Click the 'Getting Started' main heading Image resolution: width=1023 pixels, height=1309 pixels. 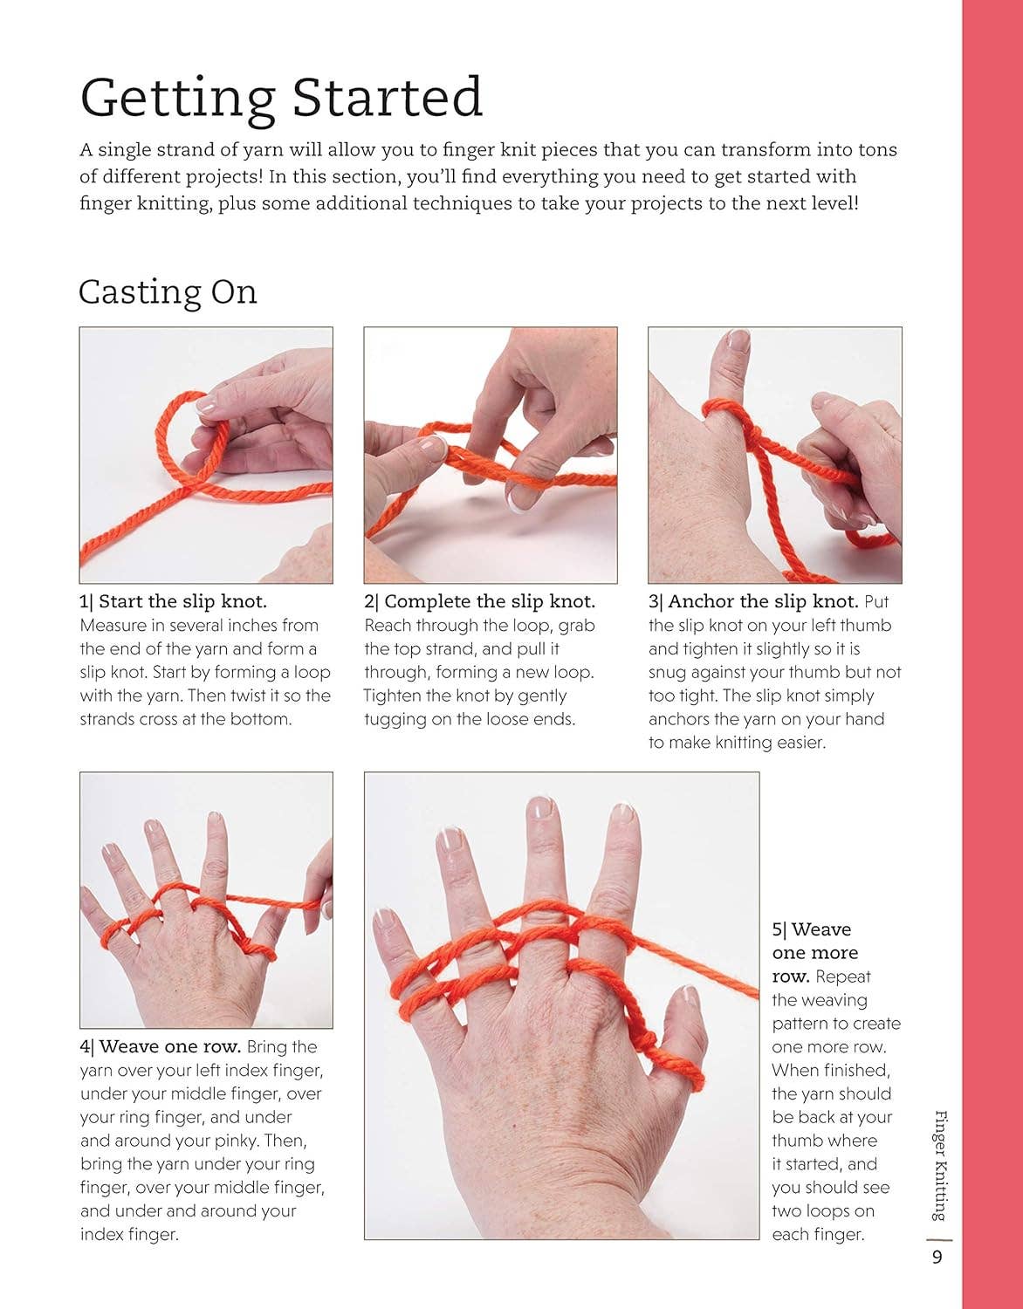point(281,97)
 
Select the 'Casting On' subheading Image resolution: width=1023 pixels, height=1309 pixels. point(168,291)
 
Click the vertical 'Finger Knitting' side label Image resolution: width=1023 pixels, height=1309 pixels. point(940,1164)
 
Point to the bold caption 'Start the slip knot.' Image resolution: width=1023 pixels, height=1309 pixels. point(182,601)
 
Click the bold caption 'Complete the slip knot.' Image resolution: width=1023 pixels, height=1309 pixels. point(489,601)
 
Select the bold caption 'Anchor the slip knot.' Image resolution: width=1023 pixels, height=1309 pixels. point(763,601)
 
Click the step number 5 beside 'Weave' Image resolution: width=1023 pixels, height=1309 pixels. point(777,929)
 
